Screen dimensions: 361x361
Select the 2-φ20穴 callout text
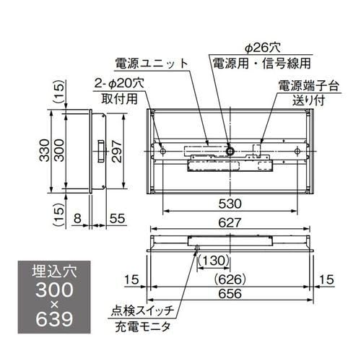[119, 83]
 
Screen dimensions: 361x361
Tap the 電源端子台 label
[303, 84]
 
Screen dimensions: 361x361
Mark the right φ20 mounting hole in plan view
[299, 150]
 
